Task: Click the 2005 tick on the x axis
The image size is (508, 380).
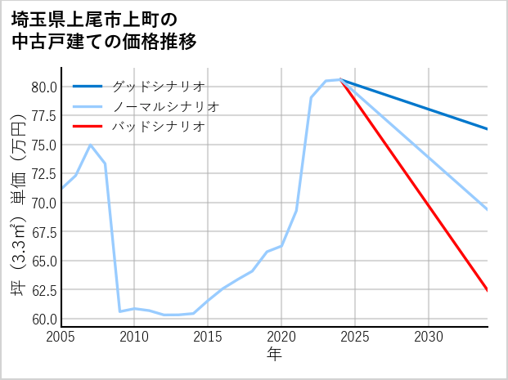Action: (x=61, y=337)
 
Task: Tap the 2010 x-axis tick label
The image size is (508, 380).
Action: (x=134, y=337)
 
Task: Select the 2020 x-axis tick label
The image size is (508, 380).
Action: (x=281, y=337)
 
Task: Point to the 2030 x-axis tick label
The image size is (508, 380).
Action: (x=429, y=337)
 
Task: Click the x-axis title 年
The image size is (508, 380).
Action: (x=274, y=355)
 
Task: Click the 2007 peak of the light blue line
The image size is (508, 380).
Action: (x=90, y=145)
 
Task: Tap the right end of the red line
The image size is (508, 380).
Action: (x=488, y=290)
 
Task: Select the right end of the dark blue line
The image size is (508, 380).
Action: (x=488, y=129)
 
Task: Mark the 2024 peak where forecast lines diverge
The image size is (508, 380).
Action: (x=340, y=79)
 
